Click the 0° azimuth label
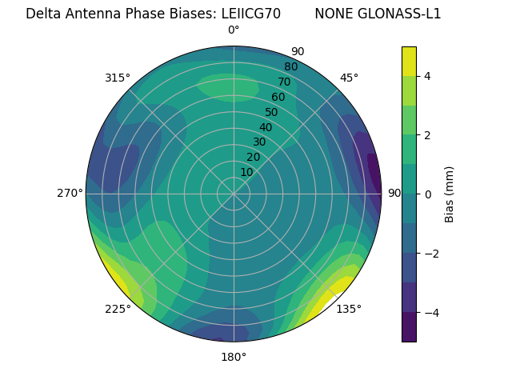[x=234, y=30]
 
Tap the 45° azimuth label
[x=349, y=78]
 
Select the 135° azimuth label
[x=349, y=309]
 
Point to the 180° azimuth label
[x=234, y=357]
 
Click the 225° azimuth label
[x=118, y=309]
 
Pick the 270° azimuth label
[x=70, y=194]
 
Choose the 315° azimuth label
[x=118, y=78]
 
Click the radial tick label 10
[x=246, y=172]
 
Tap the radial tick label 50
[x=271, y=113]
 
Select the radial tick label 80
[x=290, y=66]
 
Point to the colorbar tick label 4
[x=427, y=76]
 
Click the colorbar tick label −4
[x=430, y=313]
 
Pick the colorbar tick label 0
[x=427, y=194]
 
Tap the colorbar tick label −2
[x=430, y=254]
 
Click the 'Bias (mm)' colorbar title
[x=450, y=194]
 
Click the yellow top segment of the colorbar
[x=409, y=61]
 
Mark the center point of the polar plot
[x=234, y=194]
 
